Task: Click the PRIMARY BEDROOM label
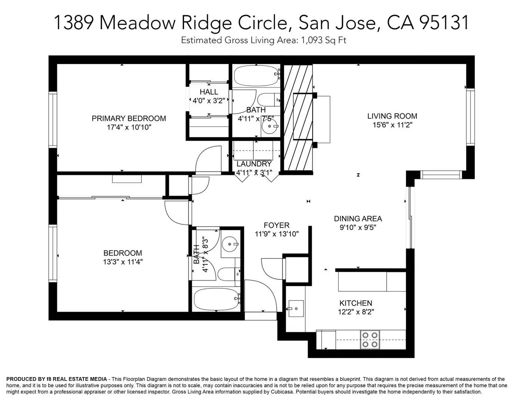(129, 119)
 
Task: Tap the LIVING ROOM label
(392, 116)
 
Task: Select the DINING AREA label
(358, 219)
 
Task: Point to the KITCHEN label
(356, 303)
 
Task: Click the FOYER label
(276, 225)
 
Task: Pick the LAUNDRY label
(254, 164)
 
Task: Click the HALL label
(209, 92)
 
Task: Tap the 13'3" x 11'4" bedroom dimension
(123, 262)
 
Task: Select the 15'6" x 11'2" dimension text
(392, 125)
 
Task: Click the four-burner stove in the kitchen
(370, 340)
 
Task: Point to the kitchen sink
(296, 309)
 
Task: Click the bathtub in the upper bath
(256, 76)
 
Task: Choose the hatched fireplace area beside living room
(298, 117)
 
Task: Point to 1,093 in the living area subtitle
(311, 40)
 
